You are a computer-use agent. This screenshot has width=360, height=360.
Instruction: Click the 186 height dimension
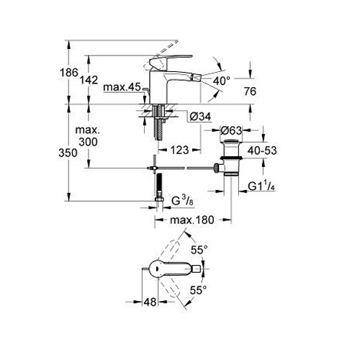[69, 72]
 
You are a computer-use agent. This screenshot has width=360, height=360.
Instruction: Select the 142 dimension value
[89, 80]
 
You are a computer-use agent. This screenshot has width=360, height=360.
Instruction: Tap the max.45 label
[122, 87]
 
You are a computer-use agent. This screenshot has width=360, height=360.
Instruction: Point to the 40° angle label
[222, 81]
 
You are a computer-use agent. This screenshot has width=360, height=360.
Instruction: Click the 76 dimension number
[250, 91]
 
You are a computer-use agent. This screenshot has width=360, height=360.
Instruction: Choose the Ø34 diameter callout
[200, 117]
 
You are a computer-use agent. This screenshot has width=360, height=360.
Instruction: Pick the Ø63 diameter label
[231, 130]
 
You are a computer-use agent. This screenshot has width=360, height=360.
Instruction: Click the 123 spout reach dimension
[179, 150]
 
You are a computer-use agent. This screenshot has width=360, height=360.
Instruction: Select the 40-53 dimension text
[262, 150]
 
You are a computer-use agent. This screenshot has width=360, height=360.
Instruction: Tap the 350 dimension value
[68, 153]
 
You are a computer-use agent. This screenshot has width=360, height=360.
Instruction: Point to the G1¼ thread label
[261, 186]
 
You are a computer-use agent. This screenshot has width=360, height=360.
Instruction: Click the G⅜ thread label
[182, 201]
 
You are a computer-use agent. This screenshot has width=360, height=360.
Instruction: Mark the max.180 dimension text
[192, 220]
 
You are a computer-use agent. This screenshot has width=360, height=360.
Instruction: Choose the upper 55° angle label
[199, 251]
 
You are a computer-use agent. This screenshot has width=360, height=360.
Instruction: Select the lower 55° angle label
[198, 290]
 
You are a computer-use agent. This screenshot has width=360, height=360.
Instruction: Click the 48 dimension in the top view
[150, 302]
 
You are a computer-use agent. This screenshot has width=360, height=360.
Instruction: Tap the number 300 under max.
[88, 142]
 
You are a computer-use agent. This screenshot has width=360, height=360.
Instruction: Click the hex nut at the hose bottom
[159, 199]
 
